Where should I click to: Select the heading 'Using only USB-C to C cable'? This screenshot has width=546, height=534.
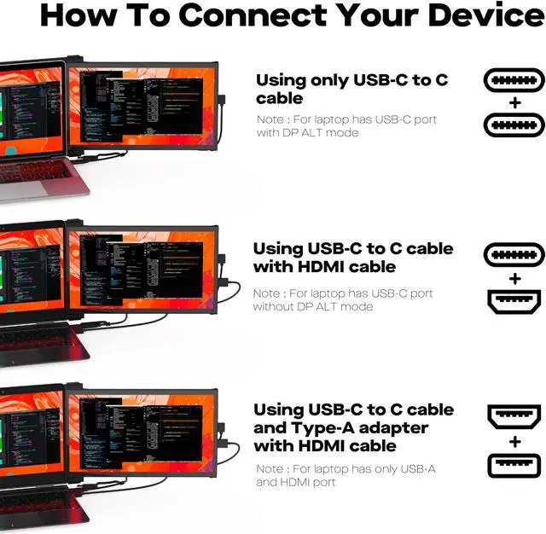[x=351, y=89]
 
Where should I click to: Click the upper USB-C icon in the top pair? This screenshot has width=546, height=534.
[x=514, y=81]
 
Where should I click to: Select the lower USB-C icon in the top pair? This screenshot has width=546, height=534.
[x=514, y=125]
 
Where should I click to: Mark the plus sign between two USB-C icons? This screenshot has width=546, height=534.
[x=514, y=103]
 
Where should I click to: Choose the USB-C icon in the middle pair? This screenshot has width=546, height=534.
[x=514, y=255]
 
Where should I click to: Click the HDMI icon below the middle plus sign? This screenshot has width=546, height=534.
[x=514, y=302]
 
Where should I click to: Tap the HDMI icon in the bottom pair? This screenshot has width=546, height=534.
[x=514, y=418]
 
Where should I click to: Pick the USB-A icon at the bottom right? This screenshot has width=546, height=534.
[x=514, y=465]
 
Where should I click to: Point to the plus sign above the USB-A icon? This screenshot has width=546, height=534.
[x=514, y=441]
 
